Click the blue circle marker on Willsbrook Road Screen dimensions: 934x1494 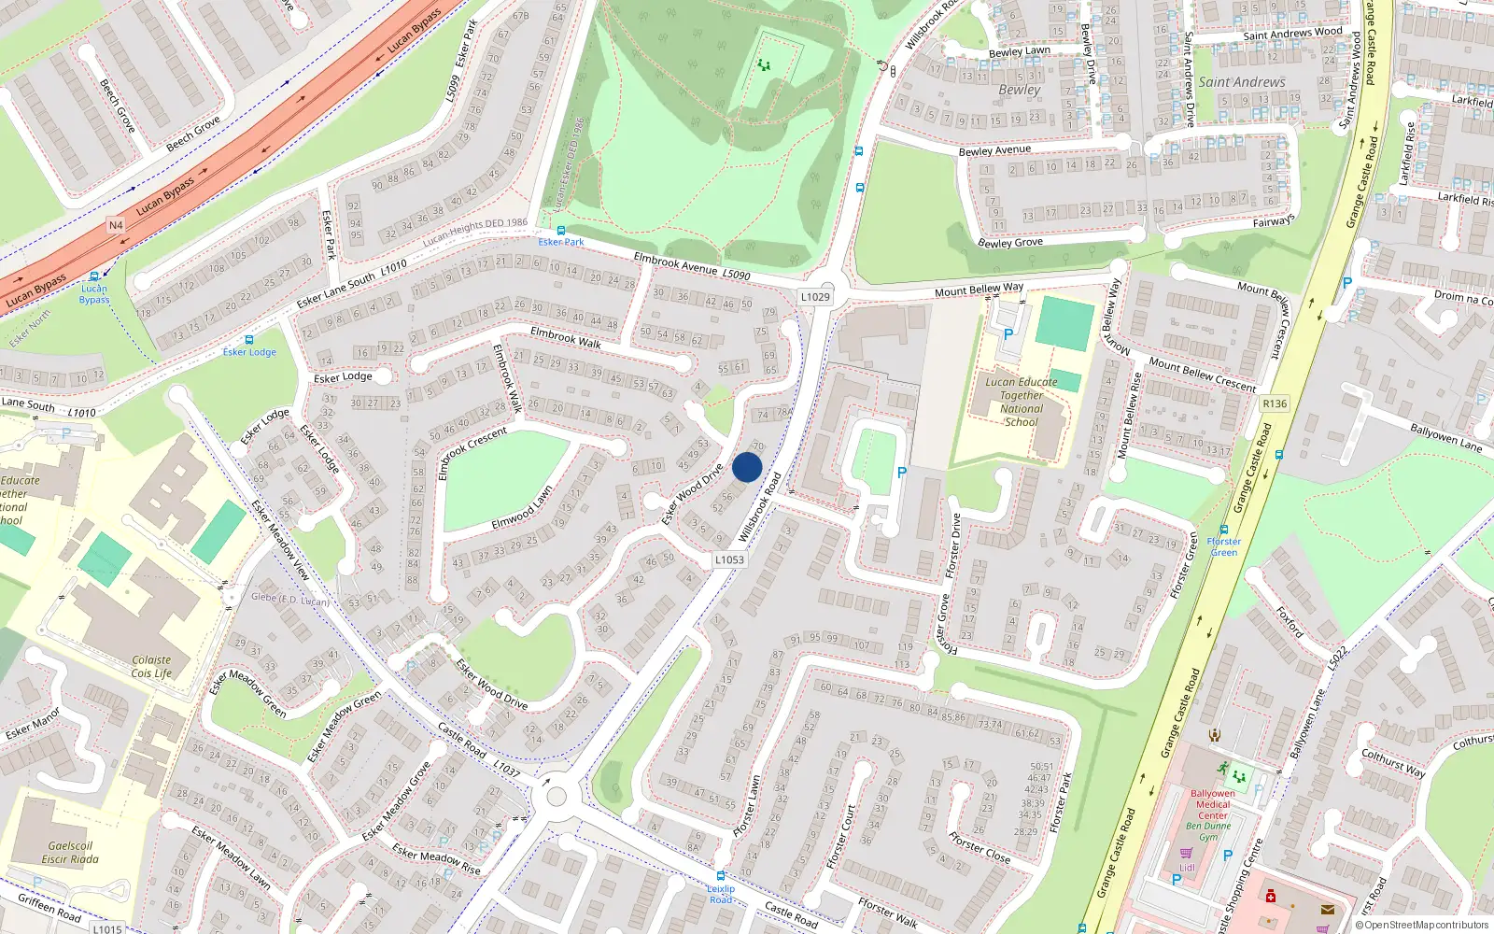point(747,467)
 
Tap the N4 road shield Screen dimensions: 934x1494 point(116,225)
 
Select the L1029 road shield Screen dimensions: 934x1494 point(815,297)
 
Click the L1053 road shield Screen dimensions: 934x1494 point(729,559)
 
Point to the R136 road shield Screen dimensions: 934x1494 point(1274,403)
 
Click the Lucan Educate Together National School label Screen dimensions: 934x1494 point(1022,402)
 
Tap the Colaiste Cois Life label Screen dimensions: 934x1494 point(151,666)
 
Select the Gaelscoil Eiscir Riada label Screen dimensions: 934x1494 point(70,852)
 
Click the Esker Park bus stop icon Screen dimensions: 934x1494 point(560,230)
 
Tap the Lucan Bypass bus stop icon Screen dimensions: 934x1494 point(94,276)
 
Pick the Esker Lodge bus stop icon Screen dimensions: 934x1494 point(248,340)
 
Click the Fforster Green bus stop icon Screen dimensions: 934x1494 point(1223,530)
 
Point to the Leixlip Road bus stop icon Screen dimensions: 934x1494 point(721,877)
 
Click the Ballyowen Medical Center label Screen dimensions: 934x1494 point(1212,804)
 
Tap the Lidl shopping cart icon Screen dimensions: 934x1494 point(1186,854)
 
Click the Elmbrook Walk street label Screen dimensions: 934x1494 point(566,337)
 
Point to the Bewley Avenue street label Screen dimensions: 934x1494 point(994,150)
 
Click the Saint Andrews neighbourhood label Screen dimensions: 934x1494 point(1242,82)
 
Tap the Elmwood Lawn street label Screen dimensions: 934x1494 point(522,508)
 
